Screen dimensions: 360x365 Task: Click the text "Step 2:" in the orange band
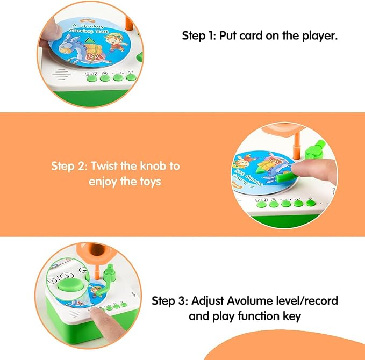pos(69,165)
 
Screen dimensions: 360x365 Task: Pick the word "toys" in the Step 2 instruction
pos(149,182)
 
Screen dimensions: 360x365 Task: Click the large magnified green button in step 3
pos(68,281)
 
